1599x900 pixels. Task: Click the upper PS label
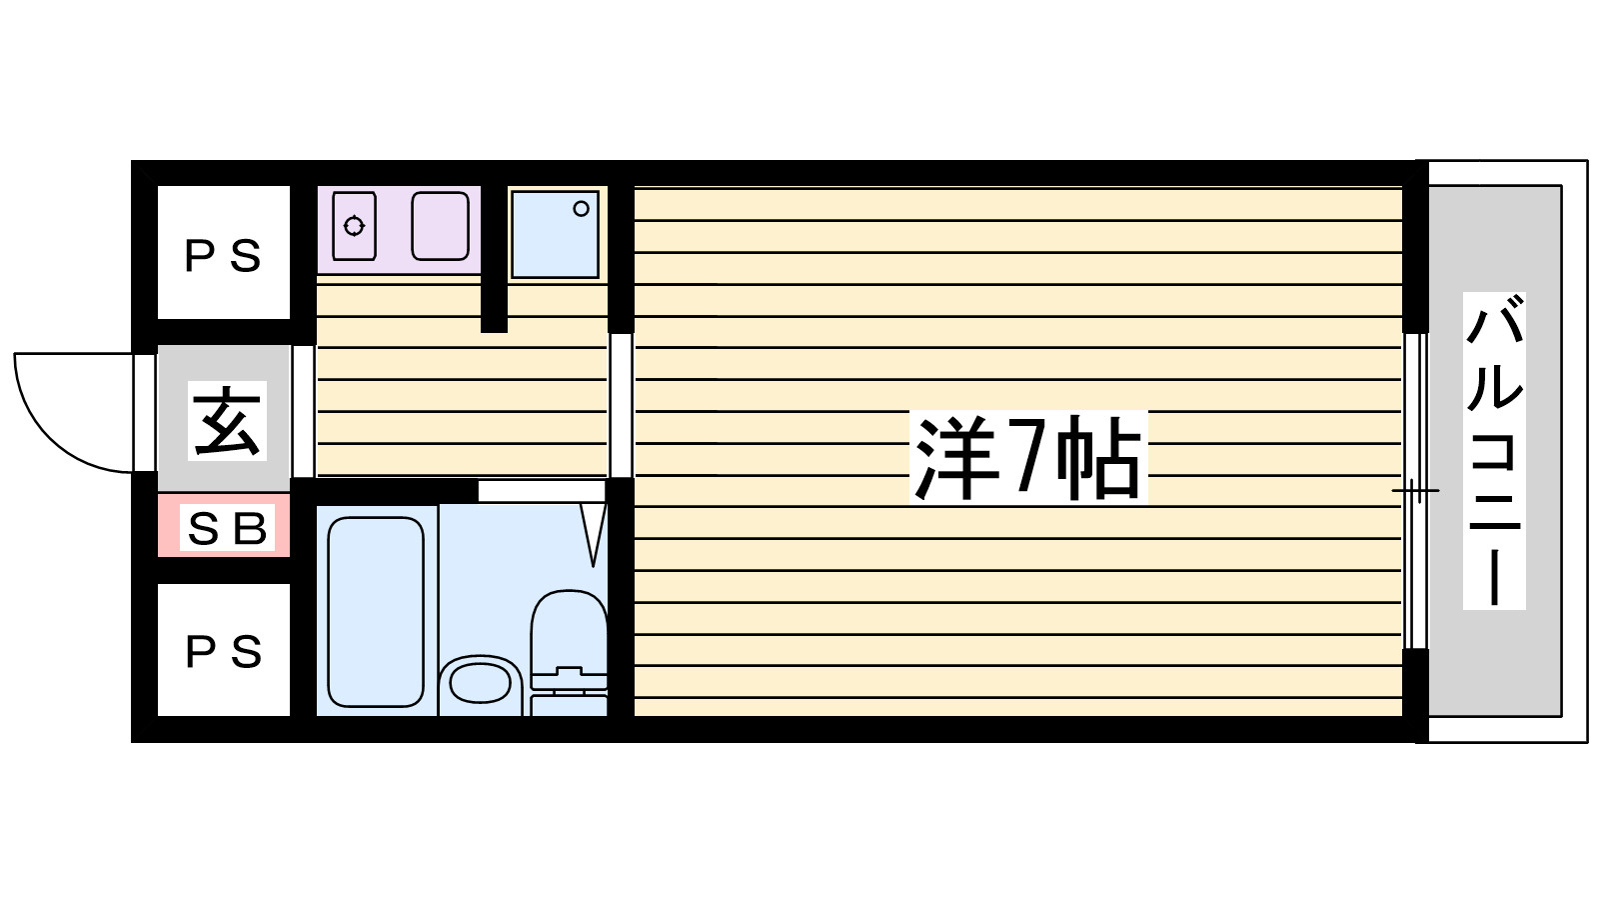click(x=224, y=256)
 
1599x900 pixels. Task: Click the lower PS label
click(x=224, y=652)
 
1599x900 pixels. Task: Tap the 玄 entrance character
click(x=227, y=421)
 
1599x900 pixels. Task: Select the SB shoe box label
click(x=227, y=529)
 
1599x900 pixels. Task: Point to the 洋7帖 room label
click(x=1028, y=458)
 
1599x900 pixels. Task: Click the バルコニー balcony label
click(x=1494, y=451)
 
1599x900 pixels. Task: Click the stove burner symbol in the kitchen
click(x=354, y=226)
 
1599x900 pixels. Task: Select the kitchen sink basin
click(x=440, y=226)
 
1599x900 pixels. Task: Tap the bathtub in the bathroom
click(x=376, y=611)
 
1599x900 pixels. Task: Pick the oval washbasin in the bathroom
click(x=480, y=684)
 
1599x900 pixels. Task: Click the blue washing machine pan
click(x=555, y=234)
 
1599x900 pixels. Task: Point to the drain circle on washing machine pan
click(x=581, y=209)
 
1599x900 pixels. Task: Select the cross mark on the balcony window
click(x=1415, y=491)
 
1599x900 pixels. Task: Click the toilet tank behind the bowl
click(x=569, y=691)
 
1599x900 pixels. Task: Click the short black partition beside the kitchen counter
click(x=494, y=258)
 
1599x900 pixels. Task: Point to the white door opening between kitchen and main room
click(x=621, y=405)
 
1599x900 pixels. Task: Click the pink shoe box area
click(x=224, y=525)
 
